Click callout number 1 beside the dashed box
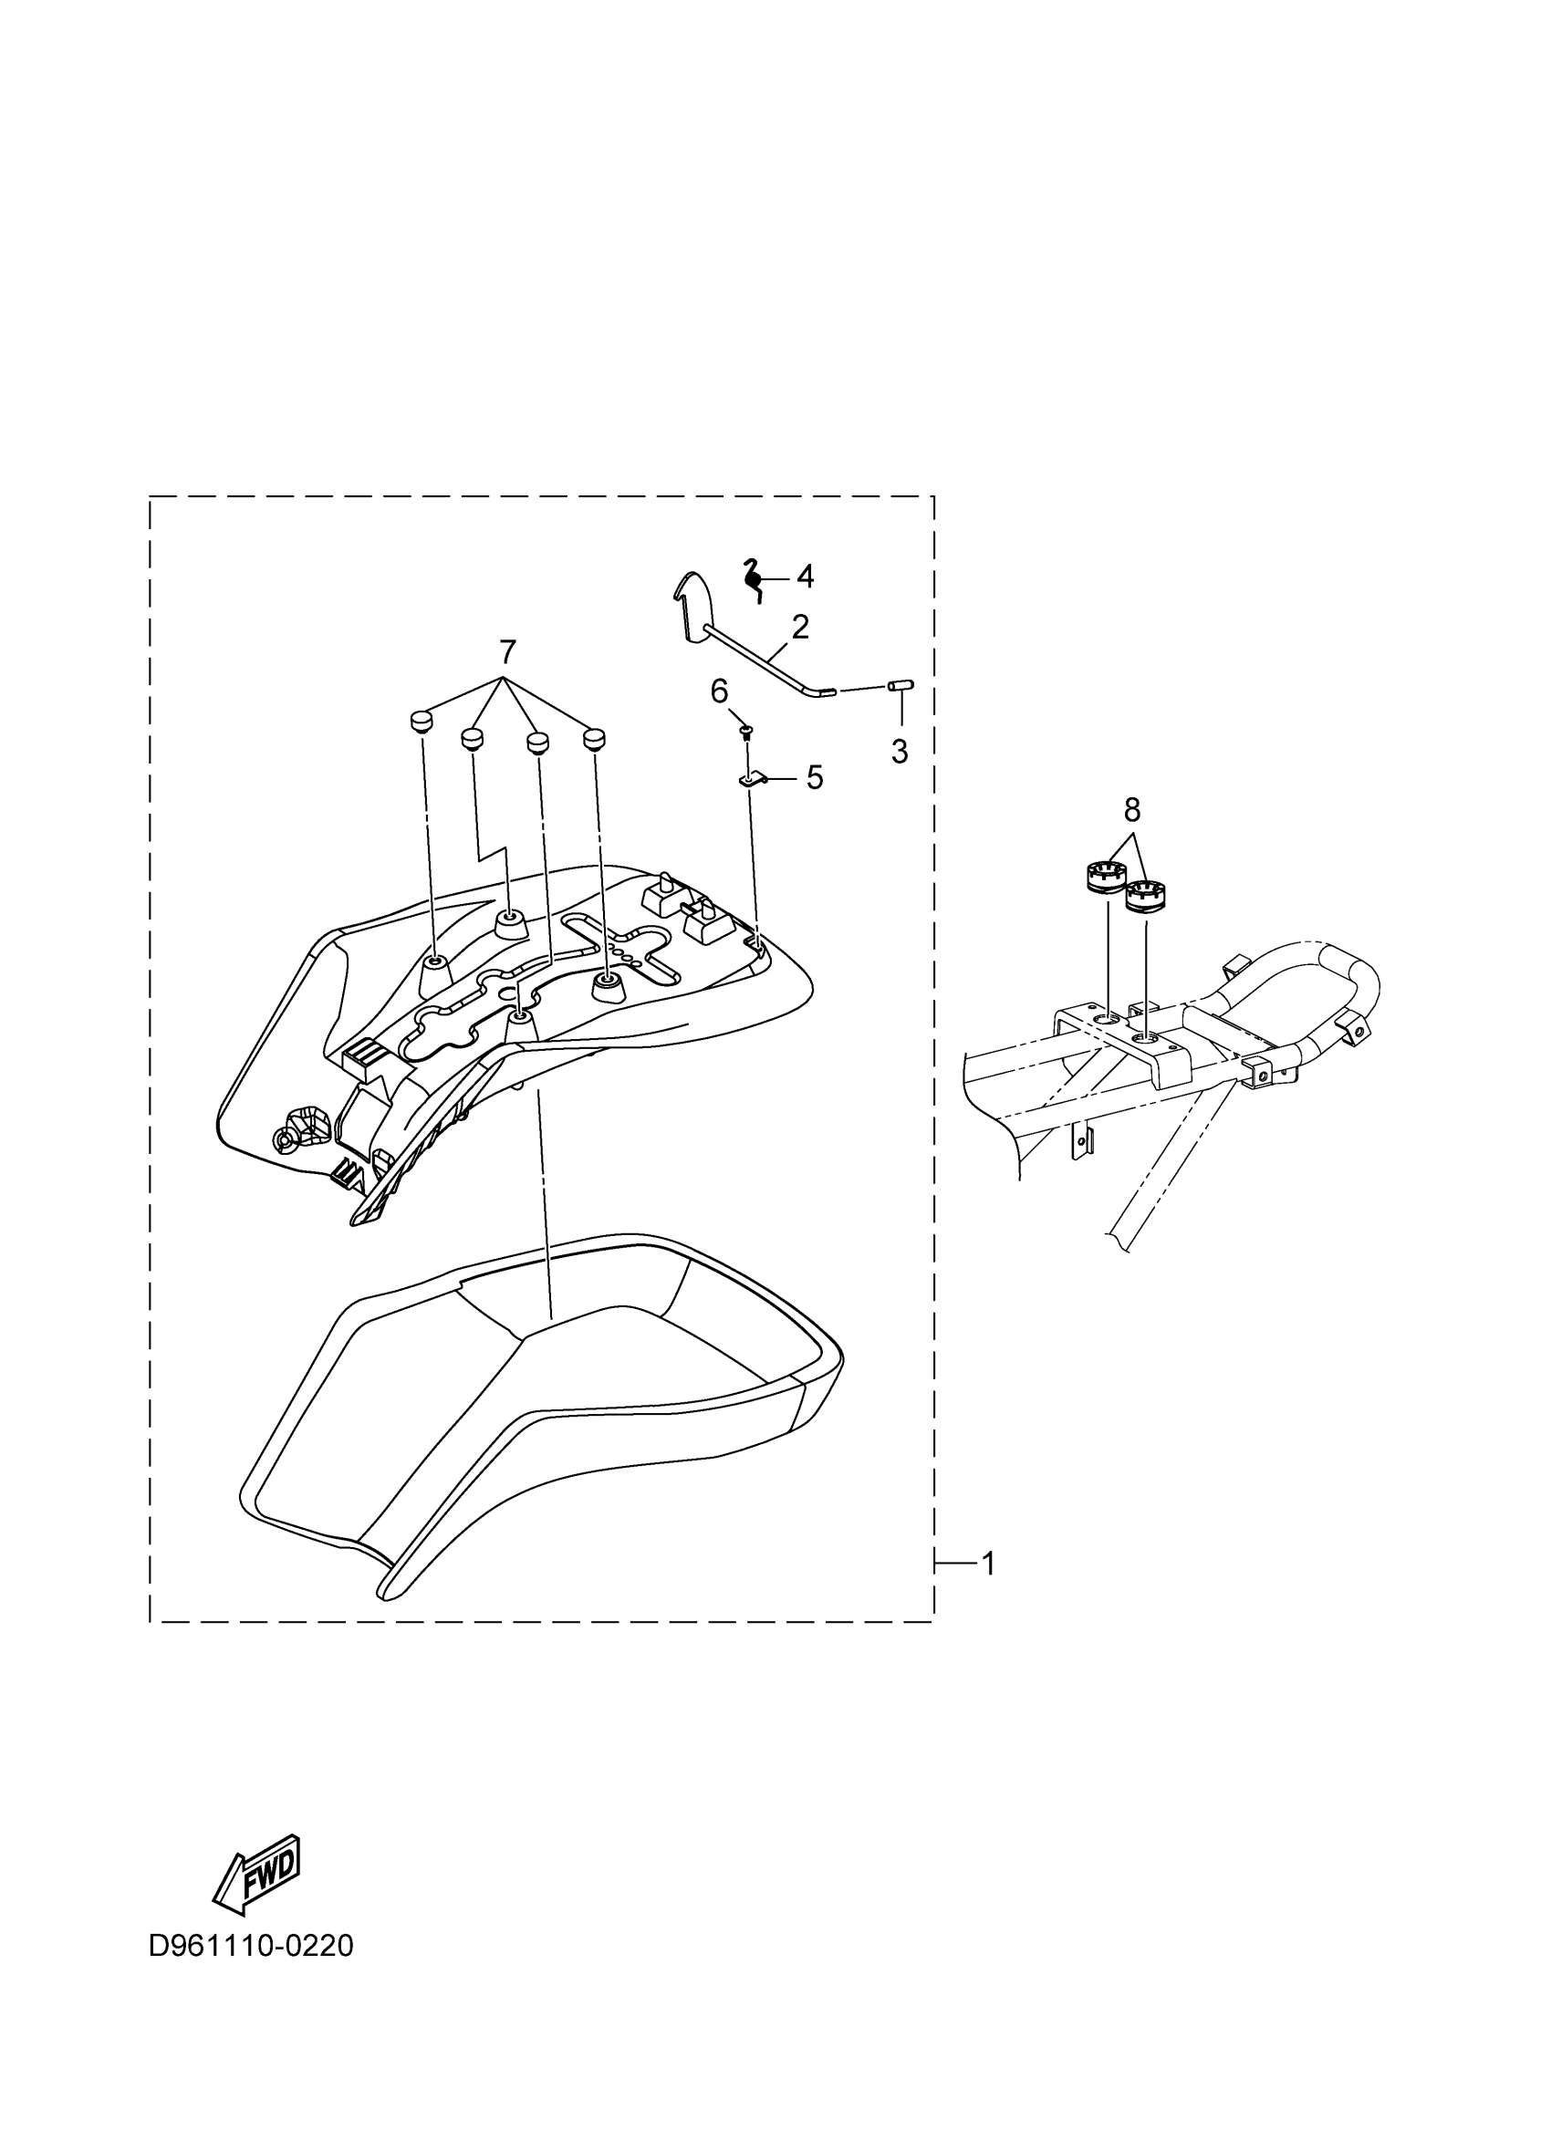[x=988, y=1564]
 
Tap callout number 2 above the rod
[x=799, y=627]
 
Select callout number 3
[x=900, y=752]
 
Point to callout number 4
[x=805, y=575]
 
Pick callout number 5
[x=814, y=778]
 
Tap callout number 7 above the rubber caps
[x=507, y=650]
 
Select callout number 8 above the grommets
[x=1132, y=809]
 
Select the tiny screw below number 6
[x=744, y=731]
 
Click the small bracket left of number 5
[x=749, y=781]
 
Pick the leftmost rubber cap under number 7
[x=420, y=722]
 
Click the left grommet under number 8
[x=1099, y=876]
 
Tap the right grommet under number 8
[x=1146, y=895]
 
